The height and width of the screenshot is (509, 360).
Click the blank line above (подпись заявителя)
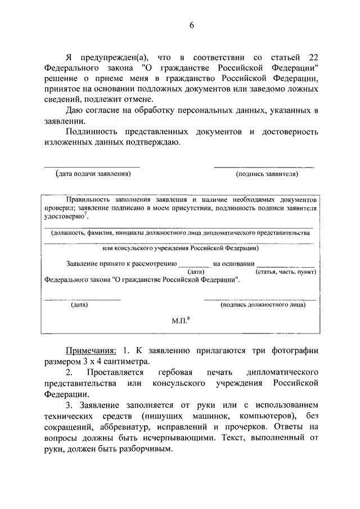point(264,167)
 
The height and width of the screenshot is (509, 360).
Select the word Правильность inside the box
point(85,200)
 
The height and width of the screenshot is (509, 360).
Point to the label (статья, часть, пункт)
point(285,271)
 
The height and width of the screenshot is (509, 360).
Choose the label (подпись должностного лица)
point(263,305)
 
